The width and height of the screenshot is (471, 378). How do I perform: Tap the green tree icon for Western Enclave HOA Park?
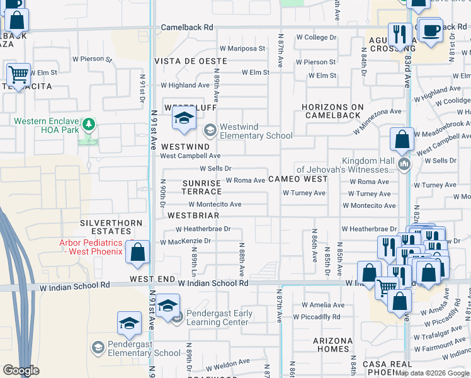pyautogui.click(x=88, y=123)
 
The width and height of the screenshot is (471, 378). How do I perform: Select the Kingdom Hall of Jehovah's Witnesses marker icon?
pyautogui.click(x=404, y=165)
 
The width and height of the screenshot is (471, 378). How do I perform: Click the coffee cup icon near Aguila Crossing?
pyautogui.click(x=431, y=30)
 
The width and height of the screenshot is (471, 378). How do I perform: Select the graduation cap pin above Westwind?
pyautogui.click(x=184, y=118)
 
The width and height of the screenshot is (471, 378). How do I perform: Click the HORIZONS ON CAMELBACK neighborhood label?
pyautogui.click(x=332, y=111)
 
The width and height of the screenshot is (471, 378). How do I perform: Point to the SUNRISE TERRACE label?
pyautogui.click(x=201, y=186)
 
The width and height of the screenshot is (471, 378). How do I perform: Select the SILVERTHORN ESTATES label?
pyautogui.click(x=105, y=227)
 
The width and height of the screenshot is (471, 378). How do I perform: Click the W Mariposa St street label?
pyautogui.click(x=242, y=49)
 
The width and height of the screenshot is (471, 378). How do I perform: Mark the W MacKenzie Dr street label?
pyautogui.click(x=185, y=241)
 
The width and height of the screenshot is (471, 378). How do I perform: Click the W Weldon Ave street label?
pyautogui.click(x=227, y=364)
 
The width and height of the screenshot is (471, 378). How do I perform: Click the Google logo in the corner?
pyautogui.click(x=20, y=370)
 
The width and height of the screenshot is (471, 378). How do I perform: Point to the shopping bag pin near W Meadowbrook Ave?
pyautogui.click(x=402, y=139)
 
